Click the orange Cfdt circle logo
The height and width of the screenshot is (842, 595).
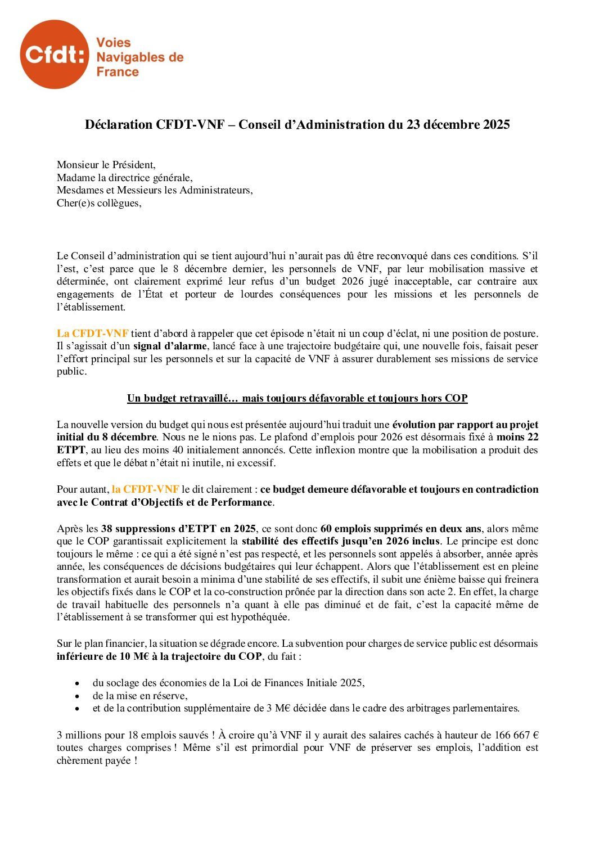point(55,55)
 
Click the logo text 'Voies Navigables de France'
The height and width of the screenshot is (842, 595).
point(139,57)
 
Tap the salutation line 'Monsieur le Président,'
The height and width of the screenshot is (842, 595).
point(106,165)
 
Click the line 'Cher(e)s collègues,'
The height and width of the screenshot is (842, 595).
point(99,203)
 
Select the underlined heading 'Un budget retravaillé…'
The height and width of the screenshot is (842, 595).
point(297,398)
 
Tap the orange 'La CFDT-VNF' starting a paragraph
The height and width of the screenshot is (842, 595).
point(92,334)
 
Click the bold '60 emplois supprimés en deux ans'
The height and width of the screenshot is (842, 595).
point(400,529)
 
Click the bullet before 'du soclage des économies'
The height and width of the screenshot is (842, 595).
point(77,683)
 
